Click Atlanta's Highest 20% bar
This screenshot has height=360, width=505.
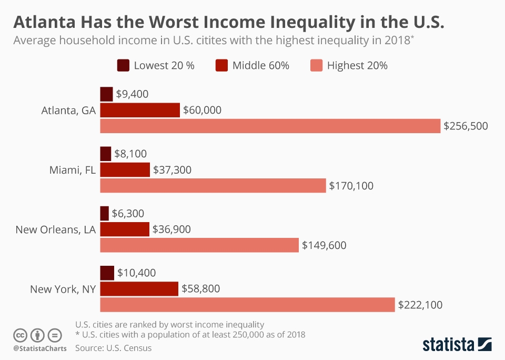(x=270, y=126)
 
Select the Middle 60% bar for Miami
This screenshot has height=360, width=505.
(x=125, y=170)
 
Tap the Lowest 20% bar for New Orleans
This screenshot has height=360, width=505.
(x=104, y=213)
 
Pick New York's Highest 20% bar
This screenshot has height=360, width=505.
(x=247, y=305)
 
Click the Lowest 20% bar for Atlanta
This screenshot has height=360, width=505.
(x=106, y=94)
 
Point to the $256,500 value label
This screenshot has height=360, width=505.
(x=466, y=126)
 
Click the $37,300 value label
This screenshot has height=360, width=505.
(x=172, y=170)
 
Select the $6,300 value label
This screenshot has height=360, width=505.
(x=128, y=213)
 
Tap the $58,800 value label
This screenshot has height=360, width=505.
(x=200, y=288)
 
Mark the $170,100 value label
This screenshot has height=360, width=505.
(x=351, y=185)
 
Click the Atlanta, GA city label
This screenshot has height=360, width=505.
(x=68, y=111)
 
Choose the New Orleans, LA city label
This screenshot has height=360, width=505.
(x=55, y=229)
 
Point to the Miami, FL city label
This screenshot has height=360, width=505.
(x=72, y=170)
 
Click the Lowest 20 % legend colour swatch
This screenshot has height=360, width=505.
(x=123, y=66)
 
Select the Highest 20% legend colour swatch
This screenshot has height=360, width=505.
(x=316, y=66)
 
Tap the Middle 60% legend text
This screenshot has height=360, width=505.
(x=260, y=66)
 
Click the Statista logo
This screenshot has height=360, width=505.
(x=457, y=344)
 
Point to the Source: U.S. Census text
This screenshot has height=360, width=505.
(x=113, y=348)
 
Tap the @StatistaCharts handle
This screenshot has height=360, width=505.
(x=40, y=348)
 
